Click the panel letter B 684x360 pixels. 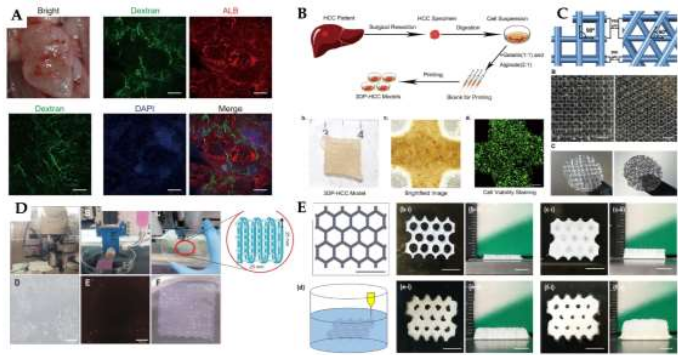click(302, 14)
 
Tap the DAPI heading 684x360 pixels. click(145, 108)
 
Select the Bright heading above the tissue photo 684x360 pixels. click(48, 11)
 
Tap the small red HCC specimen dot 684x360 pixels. click(434, 35)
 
